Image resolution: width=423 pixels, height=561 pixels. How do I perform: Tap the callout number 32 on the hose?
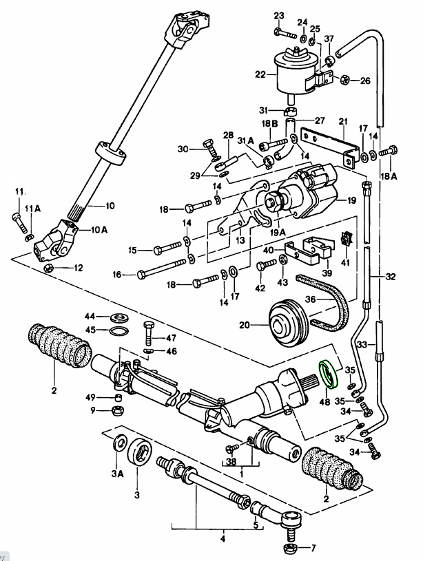390,277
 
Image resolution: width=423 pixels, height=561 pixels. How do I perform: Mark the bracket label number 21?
342,122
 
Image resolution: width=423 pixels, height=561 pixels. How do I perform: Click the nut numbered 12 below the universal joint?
48,267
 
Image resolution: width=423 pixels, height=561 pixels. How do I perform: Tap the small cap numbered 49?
118,398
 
